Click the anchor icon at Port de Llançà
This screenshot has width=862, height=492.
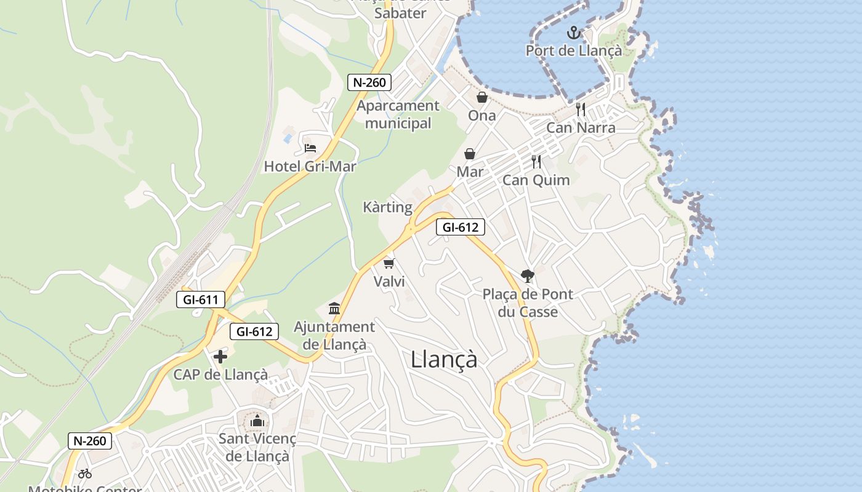[574, 32]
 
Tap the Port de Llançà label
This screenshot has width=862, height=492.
[574, 50]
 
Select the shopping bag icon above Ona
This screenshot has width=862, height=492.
[481, 97]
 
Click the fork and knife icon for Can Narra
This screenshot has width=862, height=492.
[581, 109]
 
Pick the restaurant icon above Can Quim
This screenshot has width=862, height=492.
[536, 162]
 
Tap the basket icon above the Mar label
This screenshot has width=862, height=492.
[470, 154]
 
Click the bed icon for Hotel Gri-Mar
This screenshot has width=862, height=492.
[310, 148]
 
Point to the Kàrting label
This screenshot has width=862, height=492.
[387, 207]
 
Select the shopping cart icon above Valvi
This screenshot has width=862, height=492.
[389, 263]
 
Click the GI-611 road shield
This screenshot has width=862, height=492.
[201, 300]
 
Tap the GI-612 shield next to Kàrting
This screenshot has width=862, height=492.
[461, 227]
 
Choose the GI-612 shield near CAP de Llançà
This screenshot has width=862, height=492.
[254, 331]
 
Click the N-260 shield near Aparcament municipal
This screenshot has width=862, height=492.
[369, 82]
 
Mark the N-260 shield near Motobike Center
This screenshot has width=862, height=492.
[90, 440]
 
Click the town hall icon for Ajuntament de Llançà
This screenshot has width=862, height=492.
[334, 308]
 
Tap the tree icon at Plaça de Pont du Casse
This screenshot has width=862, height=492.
[527, 276]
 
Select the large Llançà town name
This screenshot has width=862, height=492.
[444, 359]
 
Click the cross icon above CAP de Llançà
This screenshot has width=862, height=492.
[220, 357]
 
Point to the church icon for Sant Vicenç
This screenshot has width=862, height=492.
[257, 421]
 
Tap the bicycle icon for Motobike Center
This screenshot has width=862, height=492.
[85, 474]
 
